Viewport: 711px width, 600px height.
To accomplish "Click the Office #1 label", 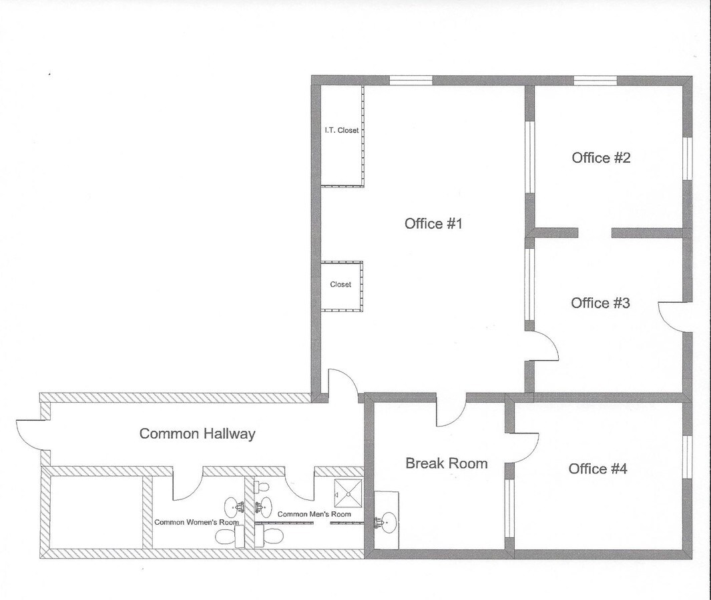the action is coord(433,224).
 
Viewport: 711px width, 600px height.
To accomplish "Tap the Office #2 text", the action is coord(601,157).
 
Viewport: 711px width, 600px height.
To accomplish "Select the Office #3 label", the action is coord(600,303).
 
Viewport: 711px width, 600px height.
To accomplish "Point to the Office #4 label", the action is coord(598,469).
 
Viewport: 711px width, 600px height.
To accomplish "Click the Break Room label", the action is coord(447,463).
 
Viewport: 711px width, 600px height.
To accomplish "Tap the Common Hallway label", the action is coord(197,433).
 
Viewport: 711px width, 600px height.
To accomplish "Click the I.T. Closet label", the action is coord(341,130).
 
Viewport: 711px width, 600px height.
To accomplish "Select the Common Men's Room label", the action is coord(314,514).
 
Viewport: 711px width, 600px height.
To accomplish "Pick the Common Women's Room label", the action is coord(196,522).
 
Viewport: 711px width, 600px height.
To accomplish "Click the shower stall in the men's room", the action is coord(348,493).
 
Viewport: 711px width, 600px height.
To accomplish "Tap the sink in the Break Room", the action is coord(386,521).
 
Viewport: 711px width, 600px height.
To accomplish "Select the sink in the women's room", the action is coord(234,506).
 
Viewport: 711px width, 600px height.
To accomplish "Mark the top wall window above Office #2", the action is coord(596,81).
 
